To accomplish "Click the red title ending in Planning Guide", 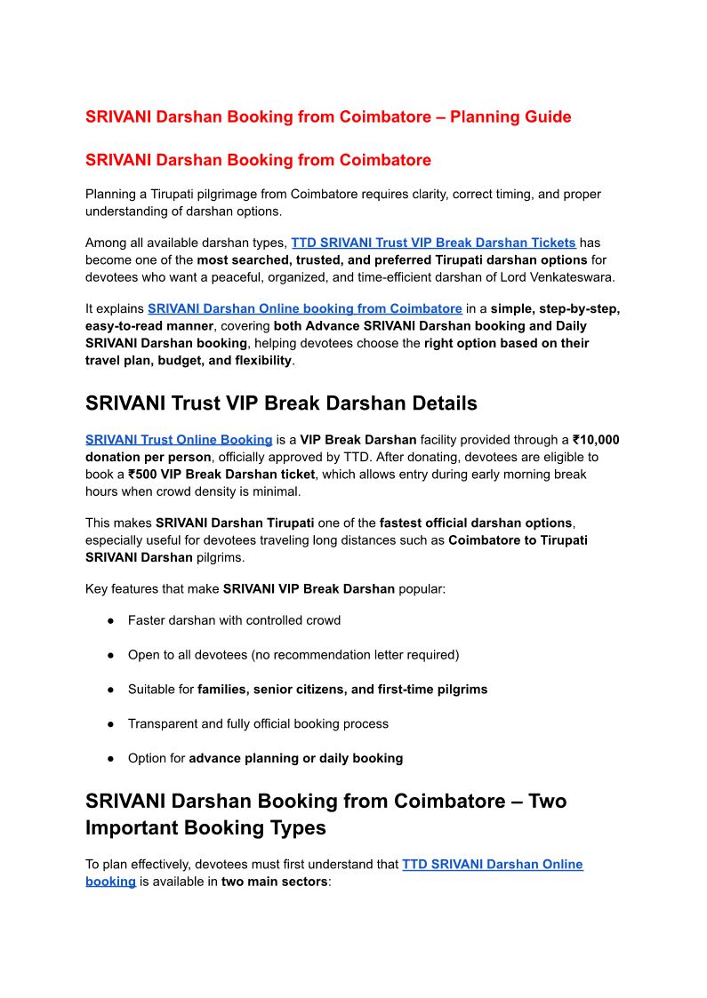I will click(x=328, y=116).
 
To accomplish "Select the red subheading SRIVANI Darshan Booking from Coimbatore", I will click(x=258, y=160).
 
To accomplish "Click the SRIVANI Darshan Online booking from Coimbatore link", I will click(x=304, y=308).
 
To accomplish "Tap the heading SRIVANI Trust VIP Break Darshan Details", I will click(x=281, y=403).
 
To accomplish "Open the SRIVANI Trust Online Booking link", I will click(x=179, y=440).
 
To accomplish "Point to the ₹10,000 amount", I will click(x=596, y=440).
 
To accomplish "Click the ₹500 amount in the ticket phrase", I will click(x=144, y=475).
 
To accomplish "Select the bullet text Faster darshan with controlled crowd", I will click(x=234, y=620).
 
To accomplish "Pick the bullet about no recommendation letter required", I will click(x=293, y=655).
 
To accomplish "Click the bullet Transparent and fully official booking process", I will click(x=258, y=723).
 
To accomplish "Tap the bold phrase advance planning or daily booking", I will click(x=295, y=758).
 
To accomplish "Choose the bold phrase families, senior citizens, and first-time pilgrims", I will click(x=342, y=690).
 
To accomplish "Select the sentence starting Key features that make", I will click(x=265, y=588).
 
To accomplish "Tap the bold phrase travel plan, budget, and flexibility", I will click(x=189, y=361).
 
